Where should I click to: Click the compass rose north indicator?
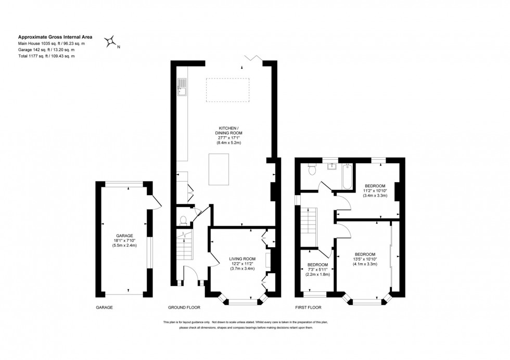point(111,42)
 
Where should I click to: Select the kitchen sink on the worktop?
point(183,88)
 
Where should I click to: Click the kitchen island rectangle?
point(219,169)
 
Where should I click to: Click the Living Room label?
point(242,259)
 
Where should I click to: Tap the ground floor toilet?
point(182,220)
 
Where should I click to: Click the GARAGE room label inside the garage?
point(124,235)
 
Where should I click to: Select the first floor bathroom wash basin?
point(331,167)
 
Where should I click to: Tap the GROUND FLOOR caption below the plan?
point(183,307)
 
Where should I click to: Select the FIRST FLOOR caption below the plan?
point(308,307)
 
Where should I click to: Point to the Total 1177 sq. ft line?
point(46,56)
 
